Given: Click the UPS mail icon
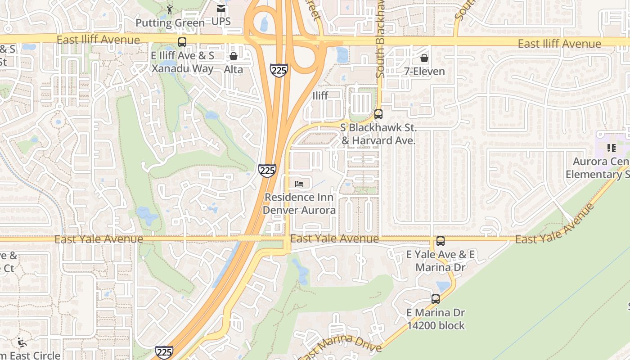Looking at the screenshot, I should [220, 9].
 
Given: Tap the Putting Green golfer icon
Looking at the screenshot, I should [170, 9].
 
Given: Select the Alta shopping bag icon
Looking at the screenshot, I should [233, 57].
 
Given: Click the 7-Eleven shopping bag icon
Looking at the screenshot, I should [424, 58].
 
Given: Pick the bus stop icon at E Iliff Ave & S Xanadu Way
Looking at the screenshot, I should [182, 42].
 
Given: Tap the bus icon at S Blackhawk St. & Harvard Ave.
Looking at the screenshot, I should [378, 114].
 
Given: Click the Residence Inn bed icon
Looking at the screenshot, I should [299, 184].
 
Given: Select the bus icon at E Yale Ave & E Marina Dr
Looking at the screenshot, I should [440, 241].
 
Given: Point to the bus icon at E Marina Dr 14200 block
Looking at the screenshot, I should [435, 299].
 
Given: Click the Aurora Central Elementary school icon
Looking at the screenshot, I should [611, 148].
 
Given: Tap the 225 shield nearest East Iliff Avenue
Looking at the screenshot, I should [279, 70].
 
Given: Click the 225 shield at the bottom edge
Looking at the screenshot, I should [164, 352].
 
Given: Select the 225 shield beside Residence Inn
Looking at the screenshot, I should [267, 171].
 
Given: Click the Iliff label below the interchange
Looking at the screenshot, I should [320, 95].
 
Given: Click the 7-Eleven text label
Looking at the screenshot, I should [424, 71].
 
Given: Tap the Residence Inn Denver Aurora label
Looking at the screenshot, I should [299, 203].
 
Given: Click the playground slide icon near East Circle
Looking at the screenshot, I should [22, 343].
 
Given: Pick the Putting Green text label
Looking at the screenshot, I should [170, 22].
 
